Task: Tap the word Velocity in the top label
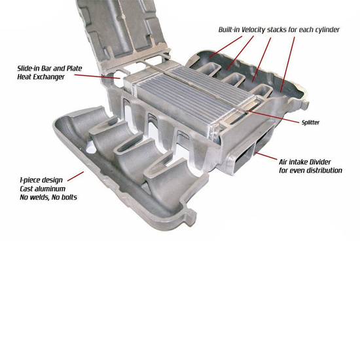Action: (258, 30)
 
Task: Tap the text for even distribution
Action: (311, 170)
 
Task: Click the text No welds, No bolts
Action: (49, 197)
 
